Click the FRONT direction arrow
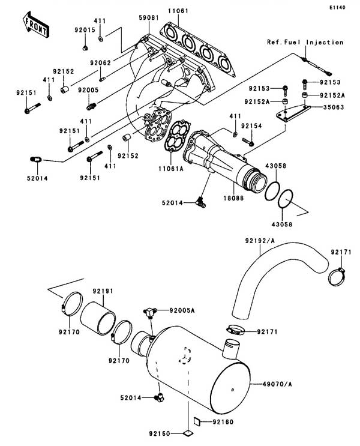[35, 25]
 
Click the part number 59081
[149, 17]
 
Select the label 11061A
[171, 169]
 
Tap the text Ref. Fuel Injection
[305, 43]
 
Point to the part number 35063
[334, 107]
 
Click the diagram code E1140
[338, 7]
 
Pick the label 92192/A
[260, 241]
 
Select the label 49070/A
[277, 384]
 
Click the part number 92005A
[182, 310]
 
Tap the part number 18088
[233, 197]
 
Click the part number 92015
[85, 30]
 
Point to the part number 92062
[100, 63]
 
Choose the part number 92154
[251, 125]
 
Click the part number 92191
[103, 291]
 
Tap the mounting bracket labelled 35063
[293, 113]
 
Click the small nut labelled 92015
[85, 48]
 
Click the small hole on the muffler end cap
[233, 390]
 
